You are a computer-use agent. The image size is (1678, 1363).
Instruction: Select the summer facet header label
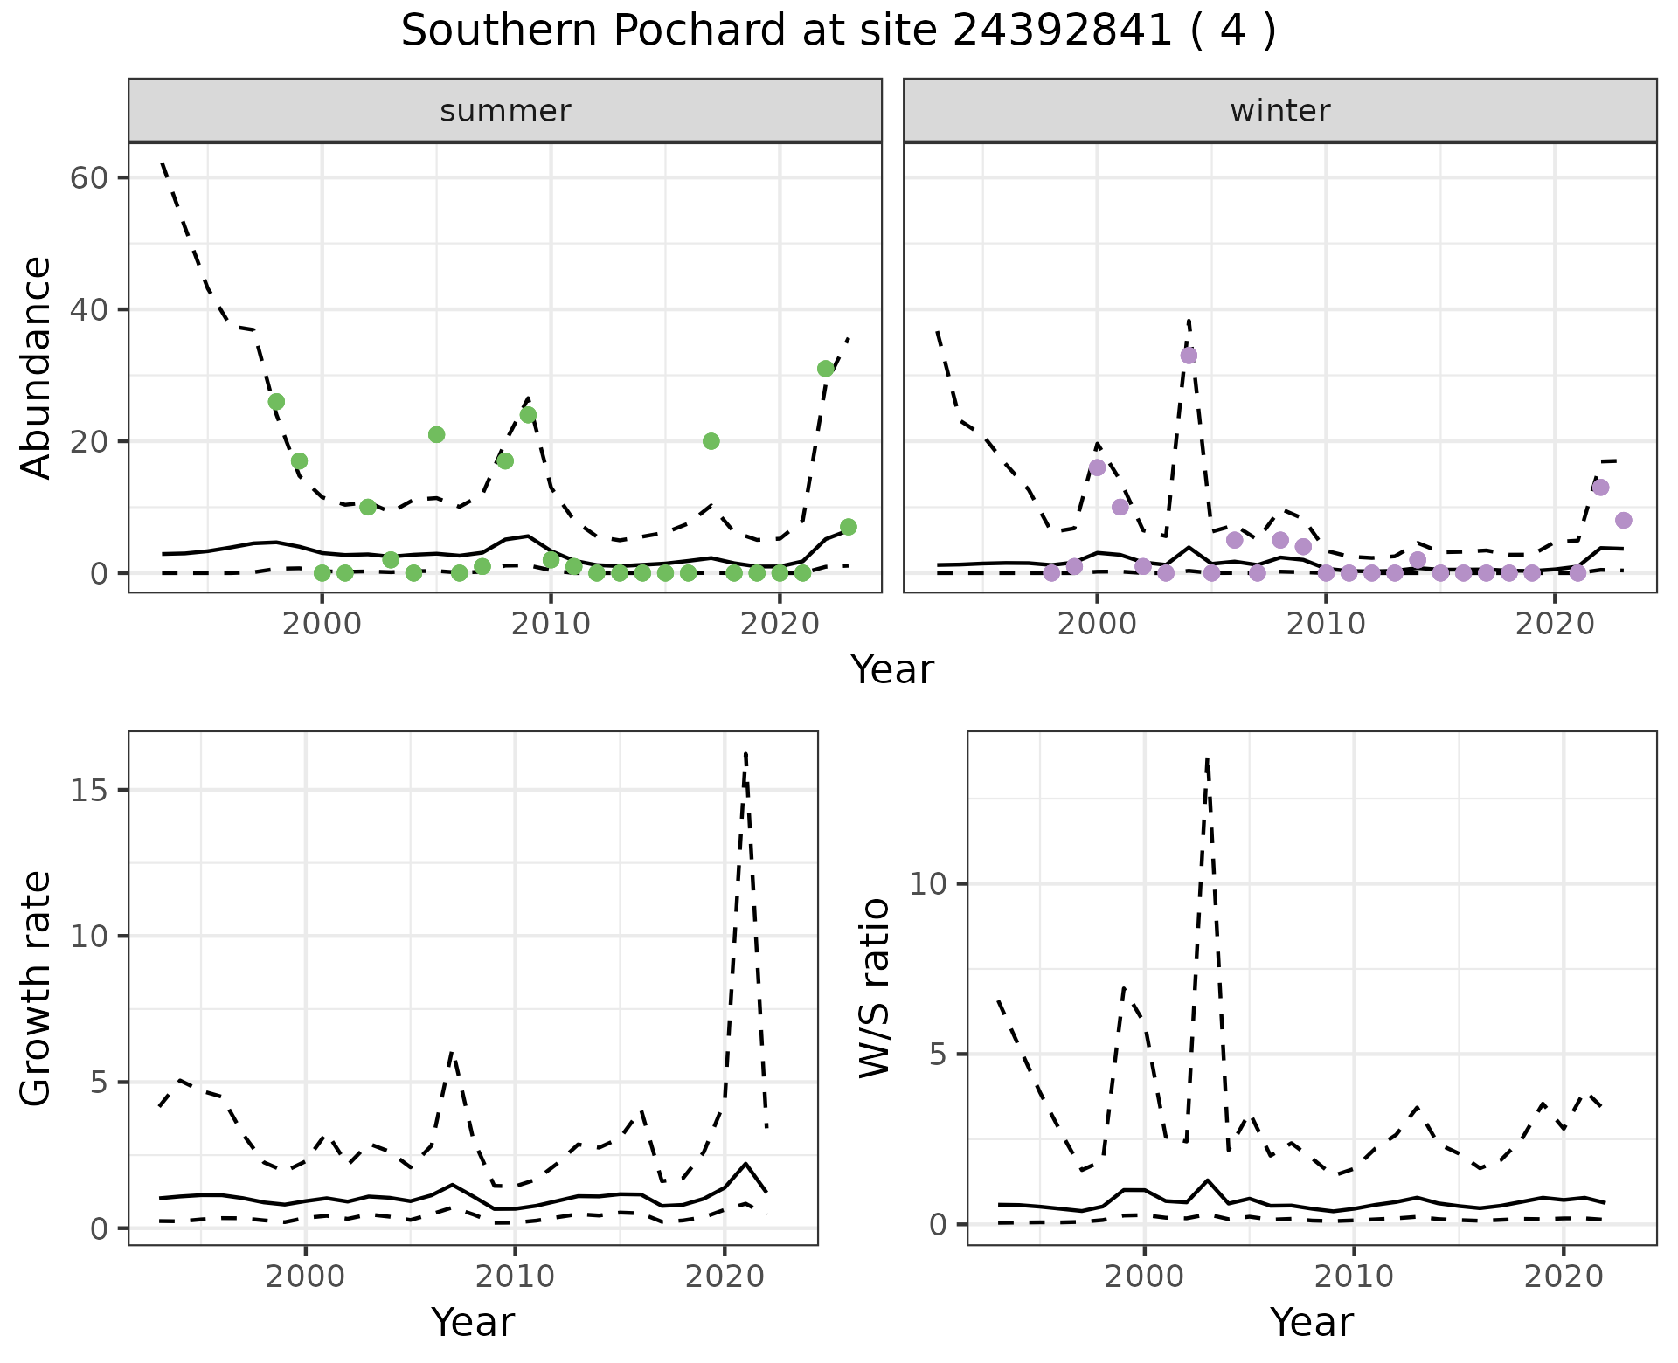[x=505, y=111]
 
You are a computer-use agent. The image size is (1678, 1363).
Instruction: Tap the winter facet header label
[x=1279, y=111]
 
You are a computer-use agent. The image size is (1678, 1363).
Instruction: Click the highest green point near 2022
[x=825, y=369]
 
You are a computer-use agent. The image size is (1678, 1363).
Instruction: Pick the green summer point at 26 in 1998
[x=276, y=402]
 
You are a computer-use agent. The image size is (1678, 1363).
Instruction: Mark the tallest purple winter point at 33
[x=1189, y=356]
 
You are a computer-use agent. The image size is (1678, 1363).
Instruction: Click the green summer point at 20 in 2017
[x=711, y=441]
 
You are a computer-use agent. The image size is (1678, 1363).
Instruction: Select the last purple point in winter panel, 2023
[x=1623, y=521]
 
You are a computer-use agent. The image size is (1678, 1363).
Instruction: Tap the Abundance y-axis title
[x=37, y=367]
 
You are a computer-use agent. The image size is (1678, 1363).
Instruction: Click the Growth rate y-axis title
[x=37, y=987]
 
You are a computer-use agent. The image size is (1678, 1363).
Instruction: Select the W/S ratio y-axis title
[x=874, y=987]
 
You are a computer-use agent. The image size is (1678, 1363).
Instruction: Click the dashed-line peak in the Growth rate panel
[x=745, y=753]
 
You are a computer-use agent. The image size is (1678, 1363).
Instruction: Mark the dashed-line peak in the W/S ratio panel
[x=1206, y=759]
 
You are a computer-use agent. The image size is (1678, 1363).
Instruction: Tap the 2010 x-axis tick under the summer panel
[x=551, y=625]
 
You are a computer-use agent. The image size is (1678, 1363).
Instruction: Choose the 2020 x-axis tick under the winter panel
[x=1555, y=625]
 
